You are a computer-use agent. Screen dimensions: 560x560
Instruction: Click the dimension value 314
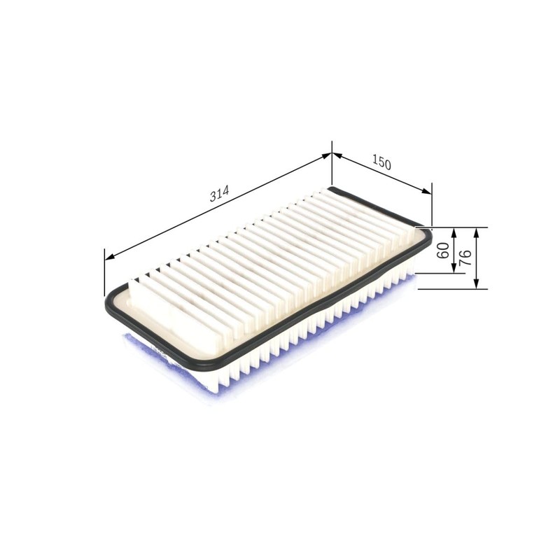tap(218, 195)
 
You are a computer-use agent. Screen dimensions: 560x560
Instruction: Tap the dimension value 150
tap(381, 163)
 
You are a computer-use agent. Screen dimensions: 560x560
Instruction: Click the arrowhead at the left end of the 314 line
tap(108, 256)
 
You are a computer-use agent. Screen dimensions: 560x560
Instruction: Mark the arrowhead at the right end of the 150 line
tap(428, 191)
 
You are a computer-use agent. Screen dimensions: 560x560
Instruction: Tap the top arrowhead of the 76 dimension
tap(476, 232)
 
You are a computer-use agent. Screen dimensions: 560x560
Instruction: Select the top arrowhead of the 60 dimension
tap(454, 232)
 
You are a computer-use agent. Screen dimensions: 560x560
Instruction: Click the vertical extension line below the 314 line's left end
tap(104, 273)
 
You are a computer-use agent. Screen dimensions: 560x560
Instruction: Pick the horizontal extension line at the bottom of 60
tap(437, 272)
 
